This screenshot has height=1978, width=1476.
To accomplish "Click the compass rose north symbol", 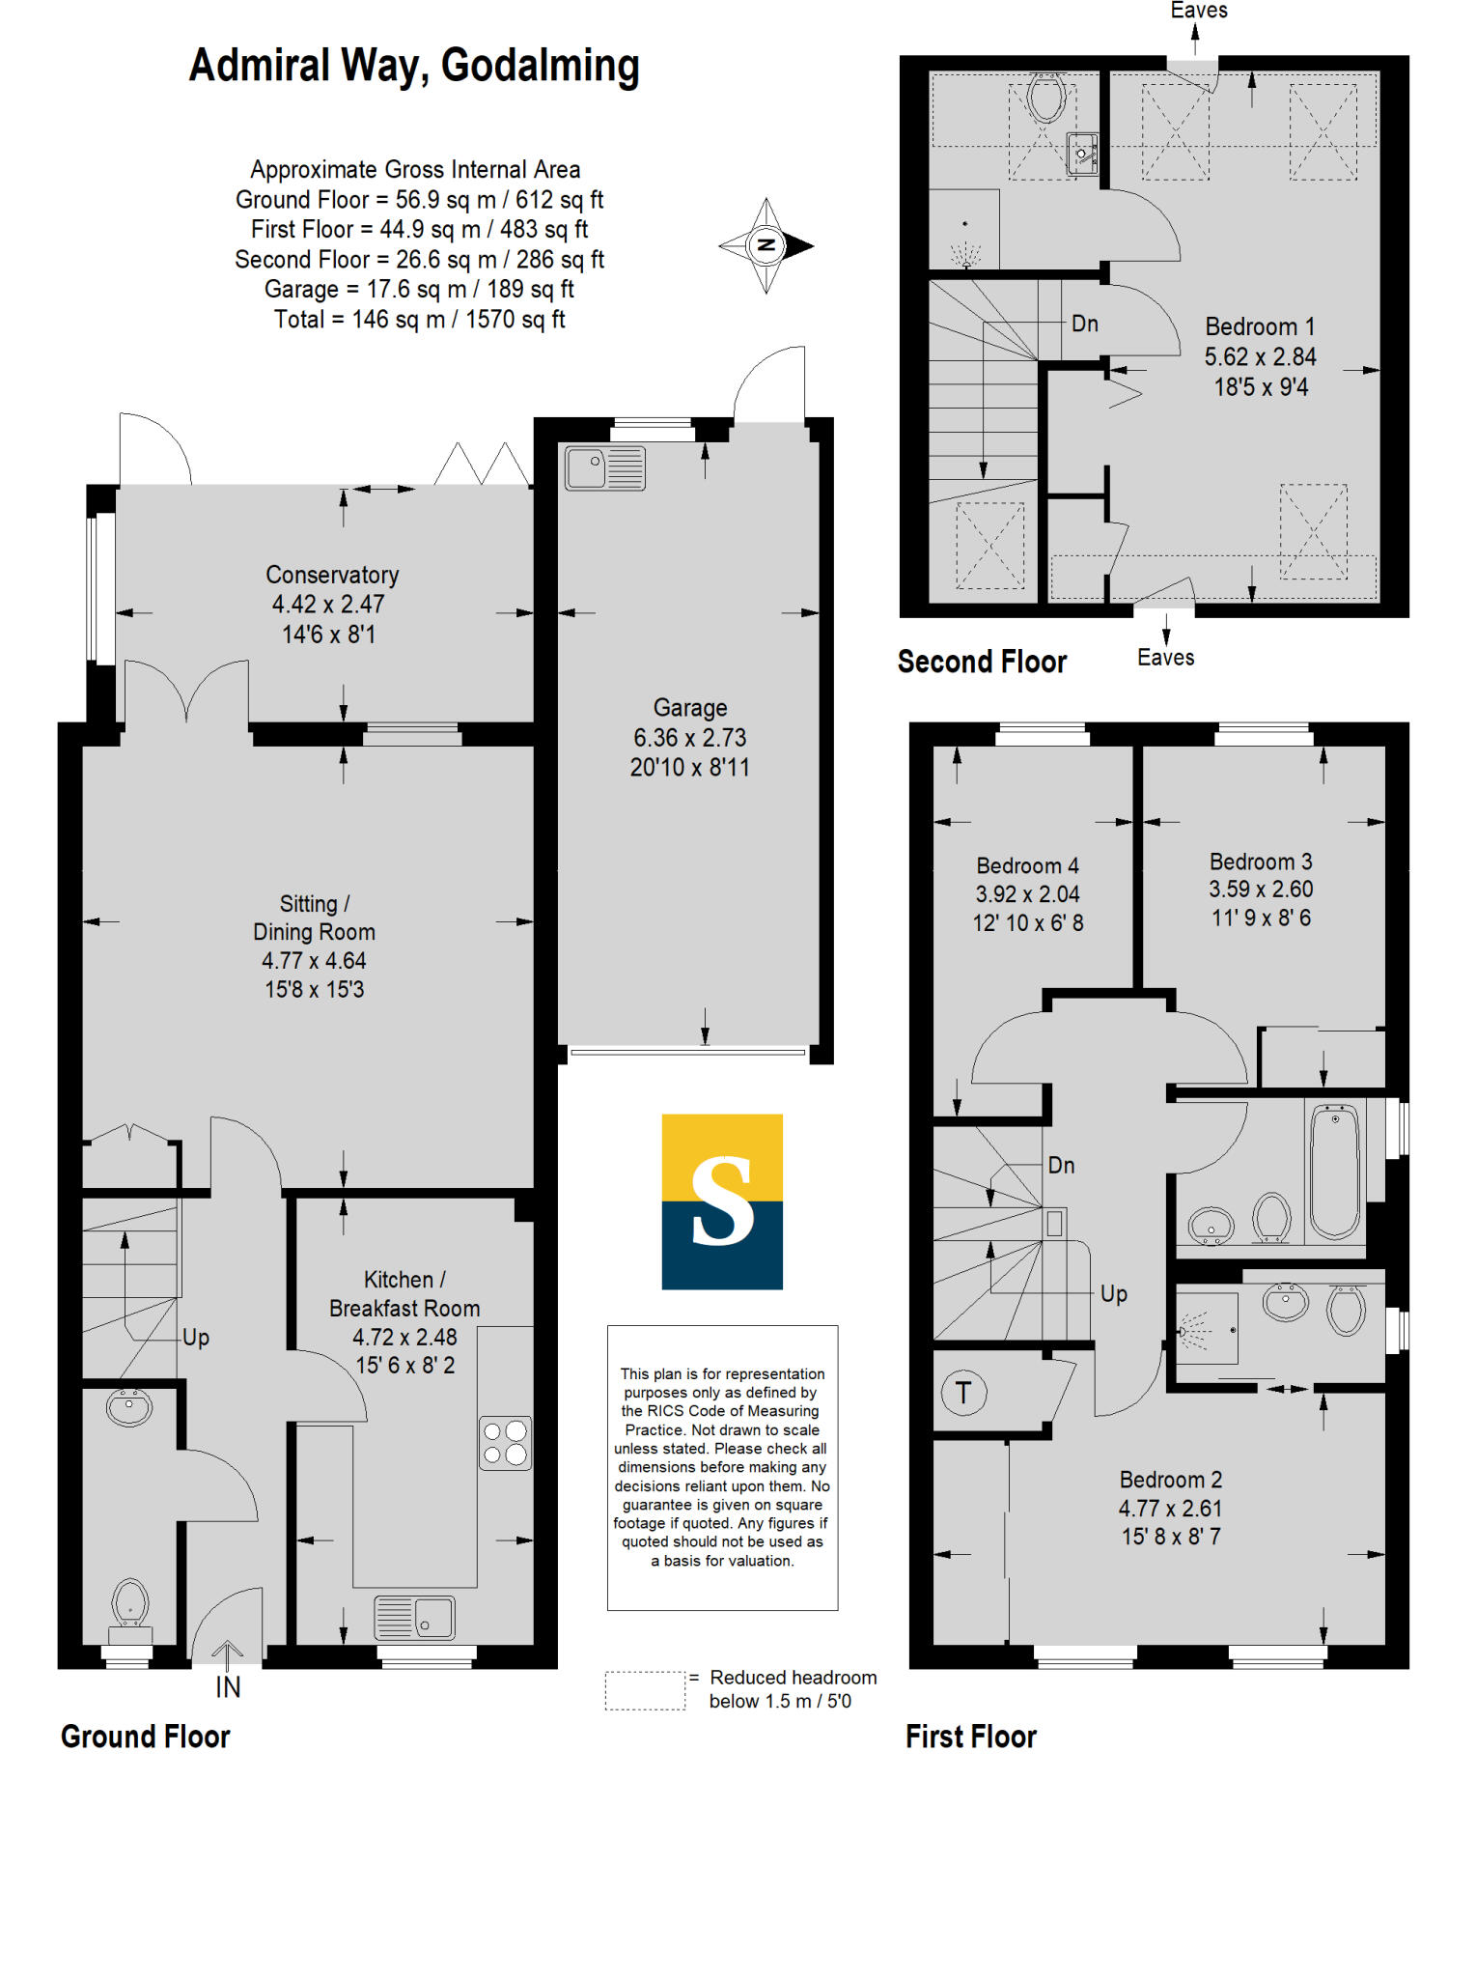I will [766, 245].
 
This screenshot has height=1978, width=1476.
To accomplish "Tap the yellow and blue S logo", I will [722, 1201].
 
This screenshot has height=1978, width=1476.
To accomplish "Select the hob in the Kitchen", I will [506, 1443].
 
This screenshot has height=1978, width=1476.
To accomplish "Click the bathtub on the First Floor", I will [1335, 1171].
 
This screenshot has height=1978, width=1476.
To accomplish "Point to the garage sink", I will [604, 467].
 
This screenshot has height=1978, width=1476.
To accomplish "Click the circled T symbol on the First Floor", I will [962, 1393].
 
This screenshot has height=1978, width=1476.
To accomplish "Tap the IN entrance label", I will [228, 1687].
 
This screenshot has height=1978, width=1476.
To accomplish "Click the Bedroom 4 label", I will [1027, 865].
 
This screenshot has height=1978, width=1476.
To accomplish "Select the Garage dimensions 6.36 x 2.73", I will [689, 738].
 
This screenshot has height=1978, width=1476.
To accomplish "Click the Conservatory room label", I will [332, 575].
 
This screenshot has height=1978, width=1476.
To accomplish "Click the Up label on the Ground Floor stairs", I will [196, 1338].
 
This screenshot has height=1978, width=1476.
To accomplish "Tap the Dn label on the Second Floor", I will [1085, 324].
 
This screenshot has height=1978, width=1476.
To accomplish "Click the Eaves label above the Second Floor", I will [1199, 11].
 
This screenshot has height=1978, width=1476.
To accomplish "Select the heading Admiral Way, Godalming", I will [414, 67].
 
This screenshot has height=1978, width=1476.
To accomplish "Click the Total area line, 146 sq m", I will [419, 320].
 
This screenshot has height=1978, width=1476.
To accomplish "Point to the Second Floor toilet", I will [1046, 96].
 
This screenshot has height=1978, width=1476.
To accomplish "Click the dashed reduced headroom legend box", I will [645, 1690].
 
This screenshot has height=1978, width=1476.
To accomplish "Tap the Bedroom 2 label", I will [1170, 1480].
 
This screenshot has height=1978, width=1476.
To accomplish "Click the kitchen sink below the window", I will [415, 1617].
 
